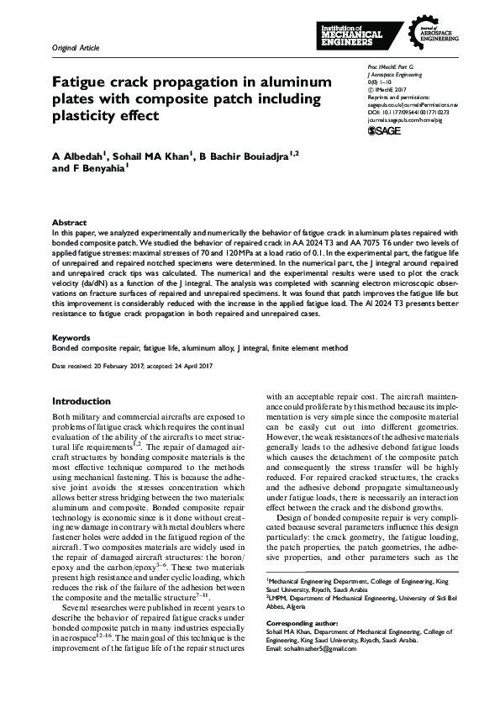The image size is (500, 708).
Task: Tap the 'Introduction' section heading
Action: click(82, 401)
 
